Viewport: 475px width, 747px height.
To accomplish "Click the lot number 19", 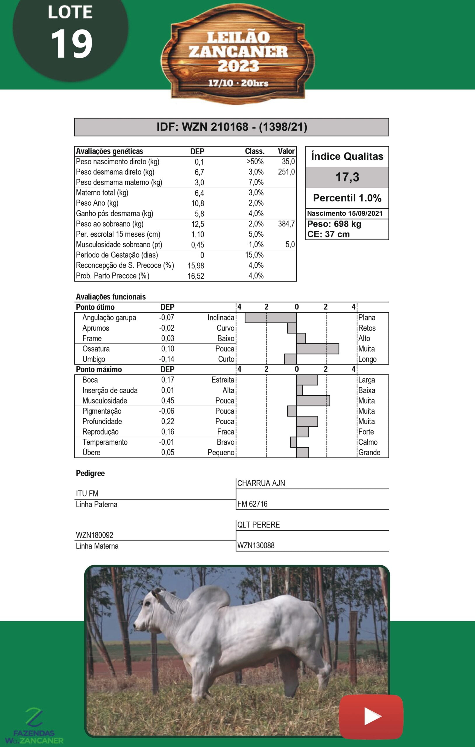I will click(x=72, y=44).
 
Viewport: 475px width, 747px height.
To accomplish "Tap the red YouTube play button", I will click(x=371, y=716).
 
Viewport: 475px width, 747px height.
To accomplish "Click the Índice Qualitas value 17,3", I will click(x=347, y=177).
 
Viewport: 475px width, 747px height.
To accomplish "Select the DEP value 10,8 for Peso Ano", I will click(x=197, y=203).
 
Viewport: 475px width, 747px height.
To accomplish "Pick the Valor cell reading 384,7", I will click(x=286, y=224).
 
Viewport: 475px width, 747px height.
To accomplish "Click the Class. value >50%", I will click(x=255, y=162).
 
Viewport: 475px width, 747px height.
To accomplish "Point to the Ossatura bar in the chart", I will click(x=318, y=349).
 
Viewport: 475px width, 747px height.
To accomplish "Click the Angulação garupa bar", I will click(x=271, y=318).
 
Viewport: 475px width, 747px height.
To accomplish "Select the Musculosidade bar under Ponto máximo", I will click(x=313, y=400).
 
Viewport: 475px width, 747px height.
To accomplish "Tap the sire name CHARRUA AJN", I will click(x=261, y=483).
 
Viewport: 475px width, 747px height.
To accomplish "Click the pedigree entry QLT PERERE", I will click(x=258, y=525).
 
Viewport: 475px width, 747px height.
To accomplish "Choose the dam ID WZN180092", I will click(x=94, y=535).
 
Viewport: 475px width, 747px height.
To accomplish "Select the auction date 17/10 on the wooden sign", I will click(x=220, y=83).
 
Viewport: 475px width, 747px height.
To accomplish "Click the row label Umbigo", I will click(x=94, y=359).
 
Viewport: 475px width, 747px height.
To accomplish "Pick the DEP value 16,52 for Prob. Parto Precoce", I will click(x=196, y=276).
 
